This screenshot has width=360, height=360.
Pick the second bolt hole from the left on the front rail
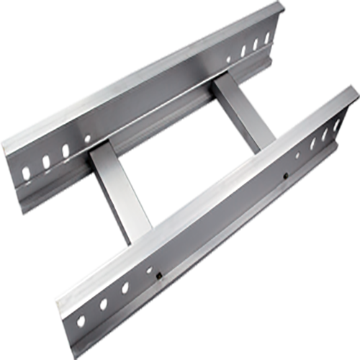(x=103, y=304)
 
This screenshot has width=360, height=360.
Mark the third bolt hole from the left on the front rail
(x=125, y=288)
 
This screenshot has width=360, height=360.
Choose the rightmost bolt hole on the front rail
(x=337, y=125)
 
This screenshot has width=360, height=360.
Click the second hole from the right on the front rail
(x=325, y=133)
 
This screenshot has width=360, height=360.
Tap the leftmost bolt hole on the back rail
(x=26, y=171)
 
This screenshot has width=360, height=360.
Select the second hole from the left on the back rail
(x=46, y=160)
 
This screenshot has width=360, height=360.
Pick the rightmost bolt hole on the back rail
(x=268, y=36)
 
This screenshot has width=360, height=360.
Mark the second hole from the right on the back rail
(x=255, y=43)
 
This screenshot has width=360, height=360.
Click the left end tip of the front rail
(x=59, y=302)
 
